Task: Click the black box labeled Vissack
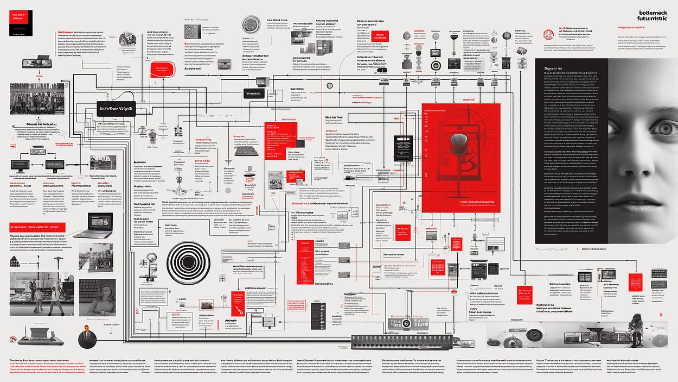tap(253, 93)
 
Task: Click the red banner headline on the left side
tap(37, 227)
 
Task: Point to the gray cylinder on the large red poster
tap(458, 142)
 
